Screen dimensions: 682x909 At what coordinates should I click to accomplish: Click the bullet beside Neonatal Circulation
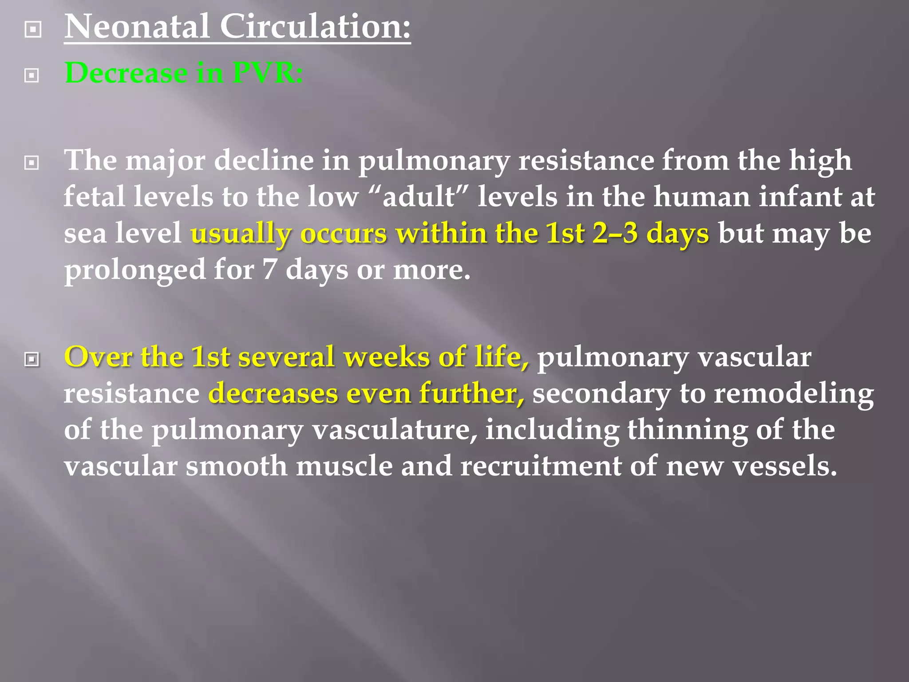(x=33, y=30)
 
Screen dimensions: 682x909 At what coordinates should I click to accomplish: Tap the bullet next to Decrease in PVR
(x=32, y=75)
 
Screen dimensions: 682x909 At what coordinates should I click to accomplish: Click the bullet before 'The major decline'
(x=32, y=163)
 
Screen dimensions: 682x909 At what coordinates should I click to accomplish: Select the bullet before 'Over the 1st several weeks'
(x=32, y=359)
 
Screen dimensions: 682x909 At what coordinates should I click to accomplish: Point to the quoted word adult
(x=419, y=197)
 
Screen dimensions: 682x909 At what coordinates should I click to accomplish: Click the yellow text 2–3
(x=615, y=233)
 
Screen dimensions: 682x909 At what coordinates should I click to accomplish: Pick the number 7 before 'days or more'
(x=269, y=270)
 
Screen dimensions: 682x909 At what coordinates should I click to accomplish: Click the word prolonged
(x=134, y=270)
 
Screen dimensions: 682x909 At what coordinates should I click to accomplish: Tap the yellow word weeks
(x=386, y=357)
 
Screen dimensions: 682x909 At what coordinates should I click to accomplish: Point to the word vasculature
(x=394, y=430)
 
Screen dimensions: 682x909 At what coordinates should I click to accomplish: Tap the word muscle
(x=344, y=466)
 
